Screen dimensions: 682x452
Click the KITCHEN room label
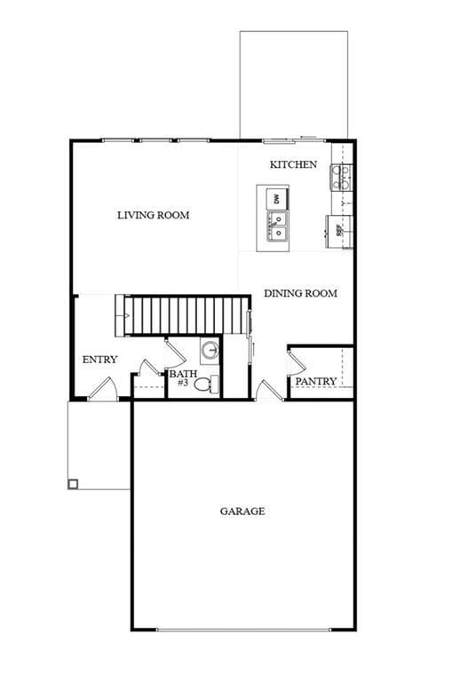pyautogui.click(x=293, y=165)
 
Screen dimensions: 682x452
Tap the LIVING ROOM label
pyautogui.click(x=154, y=215)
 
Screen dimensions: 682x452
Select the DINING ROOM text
pyautogui.click(x=300, y=293)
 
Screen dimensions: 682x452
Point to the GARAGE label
pyautogui.click(x=242, y=511)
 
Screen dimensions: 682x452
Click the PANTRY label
pyautogui.click(x=315, y=382)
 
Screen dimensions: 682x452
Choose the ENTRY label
pyautogui.click(x=99, y=360)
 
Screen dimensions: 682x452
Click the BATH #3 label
pyautogui.click(x=182, y=378)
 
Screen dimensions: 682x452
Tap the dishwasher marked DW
pyautogui.click(x=277, y=198)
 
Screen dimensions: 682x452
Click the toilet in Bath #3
pyautogui.click(x=204, y=385)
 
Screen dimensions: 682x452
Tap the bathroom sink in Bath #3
pyautogui.click(x=210, y=350)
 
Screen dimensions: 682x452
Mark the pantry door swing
pyautogui.click(x=297, y=361)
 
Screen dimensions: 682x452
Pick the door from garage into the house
pyautogui.click(x=266, y=390)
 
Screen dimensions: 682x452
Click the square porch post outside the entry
pyautogui.click(x=73, y=484)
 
